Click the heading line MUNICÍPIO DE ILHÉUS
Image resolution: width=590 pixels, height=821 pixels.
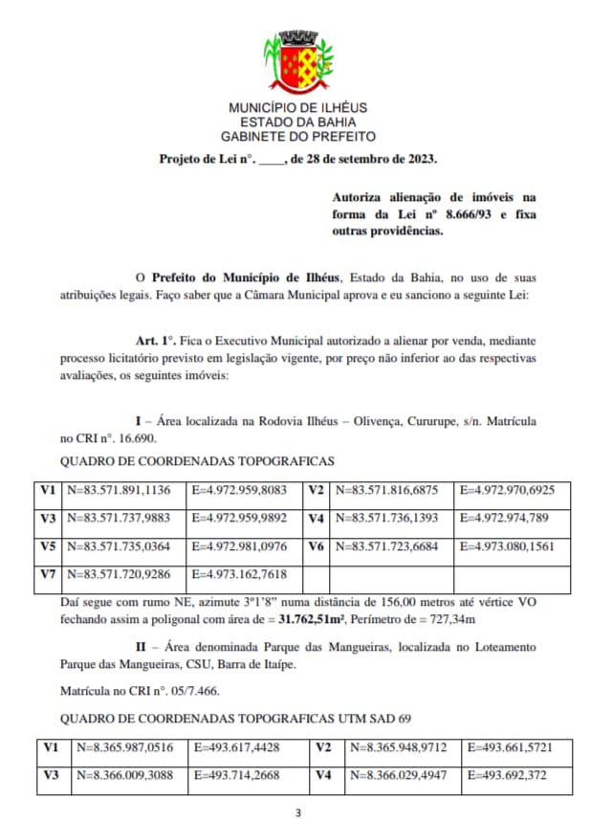point(297,108)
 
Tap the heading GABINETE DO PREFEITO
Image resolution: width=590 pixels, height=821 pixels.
point(297,137)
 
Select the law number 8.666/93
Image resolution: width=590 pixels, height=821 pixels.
point(473,214)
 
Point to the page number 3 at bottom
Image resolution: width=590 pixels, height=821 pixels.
point(297,812)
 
